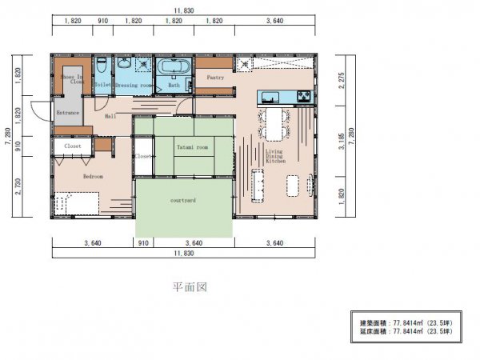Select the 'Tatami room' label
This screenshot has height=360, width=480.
coord(192,148)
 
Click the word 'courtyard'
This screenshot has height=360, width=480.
coord(183,202)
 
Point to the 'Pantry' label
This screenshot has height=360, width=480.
coord(214,78)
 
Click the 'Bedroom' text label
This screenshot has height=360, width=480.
coord(94,177)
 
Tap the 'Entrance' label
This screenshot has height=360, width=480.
coord(68,114)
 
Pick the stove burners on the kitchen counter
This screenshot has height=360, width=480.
coord(304,98)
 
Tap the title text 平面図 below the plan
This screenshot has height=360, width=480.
coord(190,287)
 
